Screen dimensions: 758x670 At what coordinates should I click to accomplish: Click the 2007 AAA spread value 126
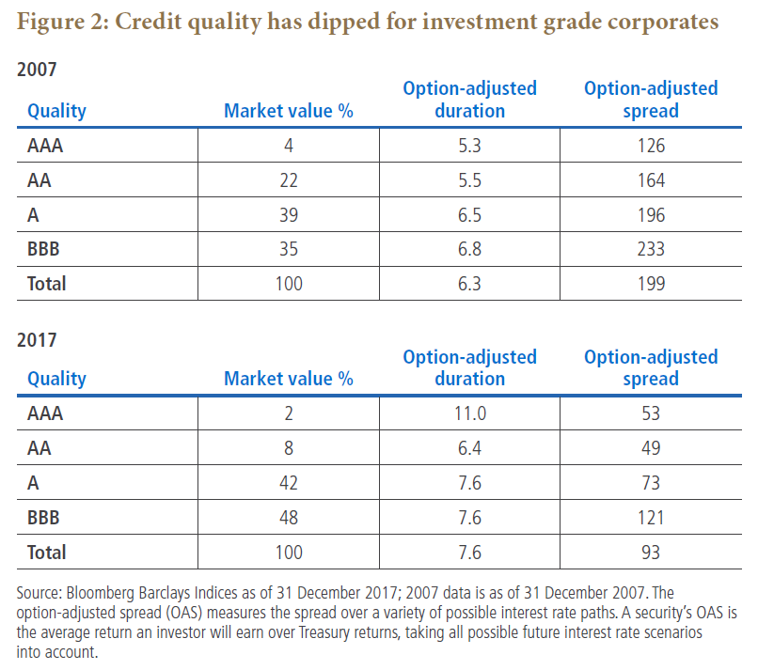click(651, 146)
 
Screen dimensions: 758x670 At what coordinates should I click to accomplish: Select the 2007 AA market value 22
click(289, 180)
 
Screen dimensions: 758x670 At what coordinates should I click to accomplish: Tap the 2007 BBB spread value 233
click(651, 249)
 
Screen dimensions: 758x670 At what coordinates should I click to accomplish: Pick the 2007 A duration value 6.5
click(469, 214)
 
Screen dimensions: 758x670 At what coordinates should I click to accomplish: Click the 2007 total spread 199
click(651, 284)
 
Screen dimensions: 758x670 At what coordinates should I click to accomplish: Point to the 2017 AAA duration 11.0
click(469, 413)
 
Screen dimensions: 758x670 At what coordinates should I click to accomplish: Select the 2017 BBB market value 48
click(289, 518)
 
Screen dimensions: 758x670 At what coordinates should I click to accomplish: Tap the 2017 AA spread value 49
click(651, 448)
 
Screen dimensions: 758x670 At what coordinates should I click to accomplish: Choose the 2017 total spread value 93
click(651, 553)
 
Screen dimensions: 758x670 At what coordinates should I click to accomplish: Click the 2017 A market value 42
click(289, 483)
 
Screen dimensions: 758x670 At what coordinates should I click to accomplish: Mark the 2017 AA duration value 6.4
click(469, 448)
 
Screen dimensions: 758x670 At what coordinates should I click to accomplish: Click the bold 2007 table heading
click(37, 70)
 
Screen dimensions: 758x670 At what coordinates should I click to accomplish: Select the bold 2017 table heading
click(37, 340)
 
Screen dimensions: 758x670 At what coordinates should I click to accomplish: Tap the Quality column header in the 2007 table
click(56, 111)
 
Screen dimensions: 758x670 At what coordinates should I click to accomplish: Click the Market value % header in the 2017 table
click(289, 379)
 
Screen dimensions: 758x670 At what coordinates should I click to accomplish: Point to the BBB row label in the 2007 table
click(43, 249)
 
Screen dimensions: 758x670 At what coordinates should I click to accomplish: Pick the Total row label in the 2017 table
click(46, 553)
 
